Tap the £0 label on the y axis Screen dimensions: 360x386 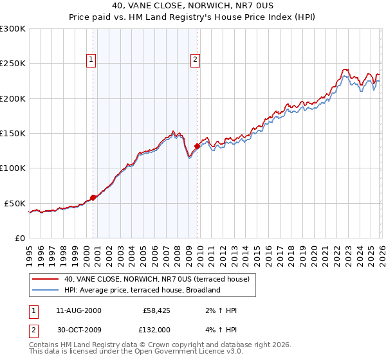[x=21, y=238]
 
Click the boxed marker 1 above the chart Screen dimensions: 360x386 [x=91, y=60]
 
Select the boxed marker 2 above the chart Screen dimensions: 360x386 [x=195, y=60]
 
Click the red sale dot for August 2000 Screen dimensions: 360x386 [x=93, y=197]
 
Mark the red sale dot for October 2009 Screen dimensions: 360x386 [x=197, y=146]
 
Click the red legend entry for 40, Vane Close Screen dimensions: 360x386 [x=160, y=279]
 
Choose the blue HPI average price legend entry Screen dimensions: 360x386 [x=142, y=290]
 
